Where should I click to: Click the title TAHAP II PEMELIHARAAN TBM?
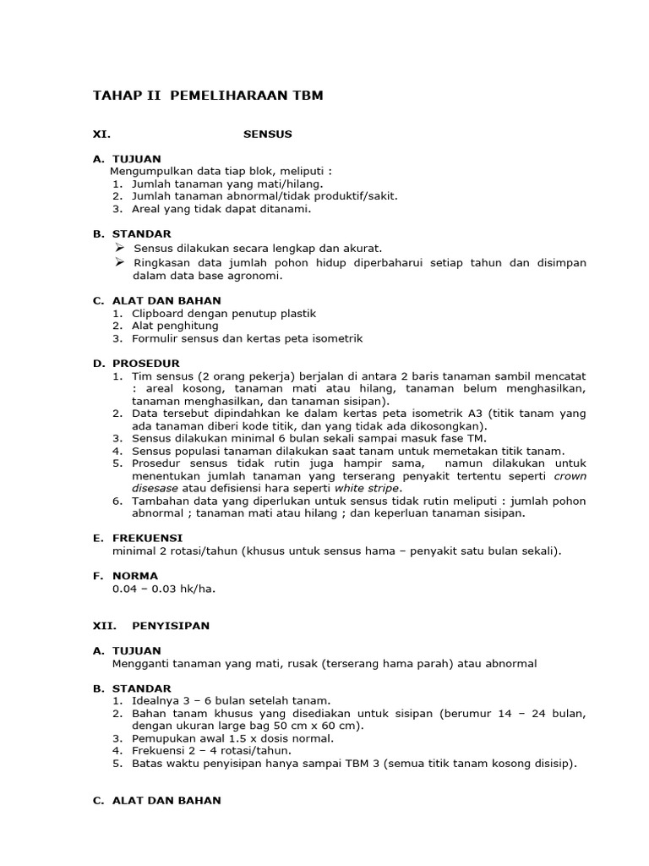(208, 96)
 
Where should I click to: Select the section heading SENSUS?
(268, 134)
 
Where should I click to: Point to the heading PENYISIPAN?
(171, 626)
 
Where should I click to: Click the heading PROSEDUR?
(145, 363)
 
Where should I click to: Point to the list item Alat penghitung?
(175, 326)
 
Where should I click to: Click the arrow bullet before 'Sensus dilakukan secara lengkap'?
(119, 247)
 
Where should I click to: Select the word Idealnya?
(157, 700)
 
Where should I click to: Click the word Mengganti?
(139, 663)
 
